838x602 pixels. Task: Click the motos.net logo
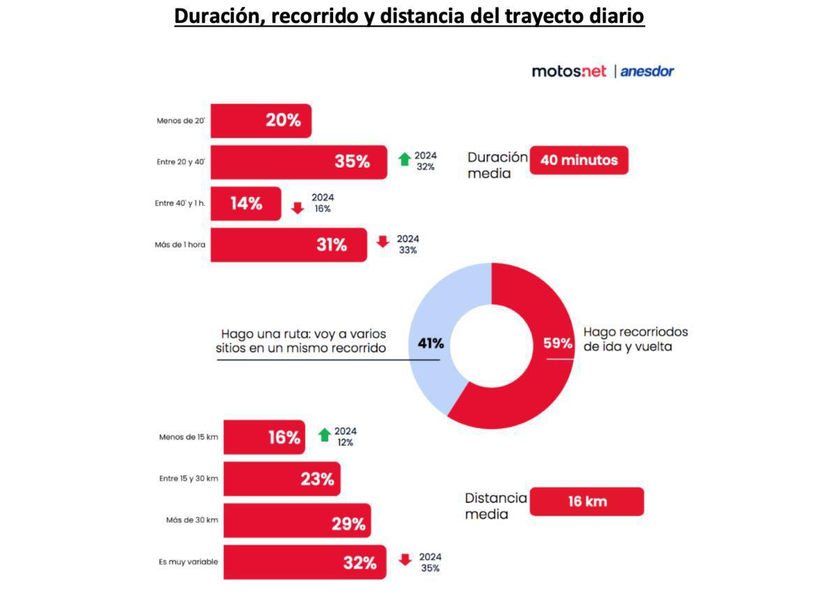point(569,71)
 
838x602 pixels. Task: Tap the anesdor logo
point(647,71)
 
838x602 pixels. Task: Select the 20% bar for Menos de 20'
point(260,121)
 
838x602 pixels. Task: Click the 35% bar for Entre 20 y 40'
point(298,162)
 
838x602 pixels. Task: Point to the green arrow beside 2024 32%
point(404,159)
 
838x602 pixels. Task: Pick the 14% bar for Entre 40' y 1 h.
point(246,204)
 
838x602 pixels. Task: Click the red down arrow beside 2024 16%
point(297,207)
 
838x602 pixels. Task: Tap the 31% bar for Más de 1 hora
point(288,244)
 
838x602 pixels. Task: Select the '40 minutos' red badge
point(579,160)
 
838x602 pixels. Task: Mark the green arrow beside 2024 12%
point(324,434)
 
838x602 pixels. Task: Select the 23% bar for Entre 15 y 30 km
point(281,479)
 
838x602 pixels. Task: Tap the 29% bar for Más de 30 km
point(297,521)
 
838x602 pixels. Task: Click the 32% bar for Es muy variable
point(304,562)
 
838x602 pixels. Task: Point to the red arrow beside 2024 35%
point(405,560)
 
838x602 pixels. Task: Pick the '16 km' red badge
point(587,501)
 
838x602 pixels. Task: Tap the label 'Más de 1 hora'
point(180,245)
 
